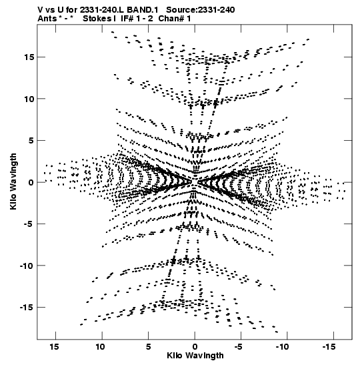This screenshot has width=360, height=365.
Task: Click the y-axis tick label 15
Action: pos(29,57)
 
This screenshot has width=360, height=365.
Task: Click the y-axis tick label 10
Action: pos(29,99)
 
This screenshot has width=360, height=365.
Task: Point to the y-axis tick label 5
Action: pos(31,141)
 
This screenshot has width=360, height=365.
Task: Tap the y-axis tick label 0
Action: pos(31,182)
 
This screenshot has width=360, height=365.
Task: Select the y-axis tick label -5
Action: pos(29,224)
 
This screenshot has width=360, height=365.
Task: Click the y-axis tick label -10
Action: pos(27,266)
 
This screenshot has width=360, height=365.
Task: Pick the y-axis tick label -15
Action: pos(27,308)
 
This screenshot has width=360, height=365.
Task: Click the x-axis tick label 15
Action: pos(54,347)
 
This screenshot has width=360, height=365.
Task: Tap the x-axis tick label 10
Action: pos(100,347)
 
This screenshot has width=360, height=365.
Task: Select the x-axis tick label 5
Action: pos(149,347)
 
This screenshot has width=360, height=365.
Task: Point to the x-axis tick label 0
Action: pos(195,347)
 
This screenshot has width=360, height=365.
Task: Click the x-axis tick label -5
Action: pos(239,347)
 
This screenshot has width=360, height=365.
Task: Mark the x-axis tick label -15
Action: pos(329,347)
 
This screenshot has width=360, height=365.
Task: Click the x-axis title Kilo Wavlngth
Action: pos(195,356)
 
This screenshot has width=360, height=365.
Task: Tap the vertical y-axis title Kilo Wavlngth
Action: pos(13,181)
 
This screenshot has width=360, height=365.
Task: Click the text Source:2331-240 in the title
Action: pos(201,10)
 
